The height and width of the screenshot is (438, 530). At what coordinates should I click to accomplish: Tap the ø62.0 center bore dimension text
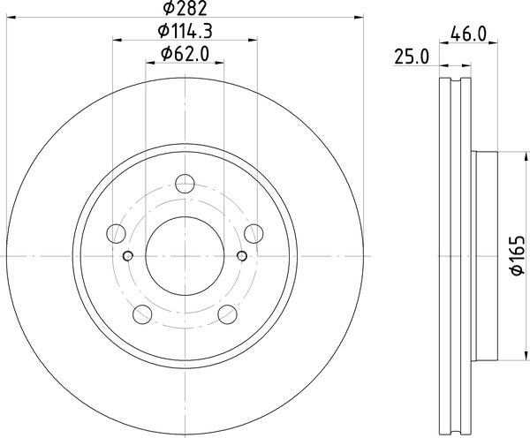185,55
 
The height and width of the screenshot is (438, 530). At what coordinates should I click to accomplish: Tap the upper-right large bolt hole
254,233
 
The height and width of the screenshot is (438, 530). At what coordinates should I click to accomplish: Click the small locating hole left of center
128,256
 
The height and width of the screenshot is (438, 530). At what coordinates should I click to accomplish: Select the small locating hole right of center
242,256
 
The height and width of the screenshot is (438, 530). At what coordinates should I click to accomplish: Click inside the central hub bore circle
185,256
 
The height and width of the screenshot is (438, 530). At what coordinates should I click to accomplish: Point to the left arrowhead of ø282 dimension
11,15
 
